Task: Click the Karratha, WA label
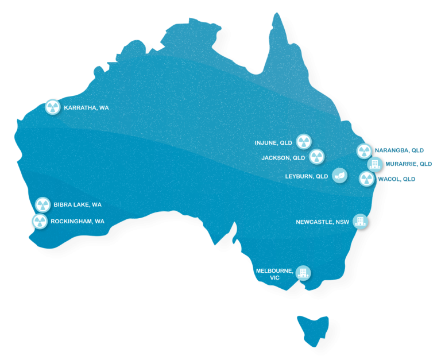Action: coord(86,107)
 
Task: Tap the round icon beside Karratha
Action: coord(52,107)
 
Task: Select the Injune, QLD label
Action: coord(274,142)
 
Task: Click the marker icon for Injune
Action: coord(304,142)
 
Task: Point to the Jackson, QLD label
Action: coord(283,157)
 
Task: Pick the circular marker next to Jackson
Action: coord(316,156)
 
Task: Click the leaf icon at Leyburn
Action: coord(339,176)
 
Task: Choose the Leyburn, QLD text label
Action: coord(307,176)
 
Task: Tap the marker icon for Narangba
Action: coord(364,151)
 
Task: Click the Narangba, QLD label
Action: coord(399,150)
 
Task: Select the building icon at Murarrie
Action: coord(374,164)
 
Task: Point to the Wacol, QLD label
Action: coord(396,179)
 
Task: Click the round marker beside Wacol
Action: coord(366,179)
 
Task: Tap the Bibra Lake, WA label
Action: coord(78,204)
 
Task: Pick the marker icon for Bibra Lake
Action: coord(42,204)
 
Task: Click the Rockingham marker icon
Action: coord(39,221)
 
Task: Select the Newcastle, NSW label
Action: coord(322,222)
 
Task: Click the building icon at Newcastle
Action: coord(360,222)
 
